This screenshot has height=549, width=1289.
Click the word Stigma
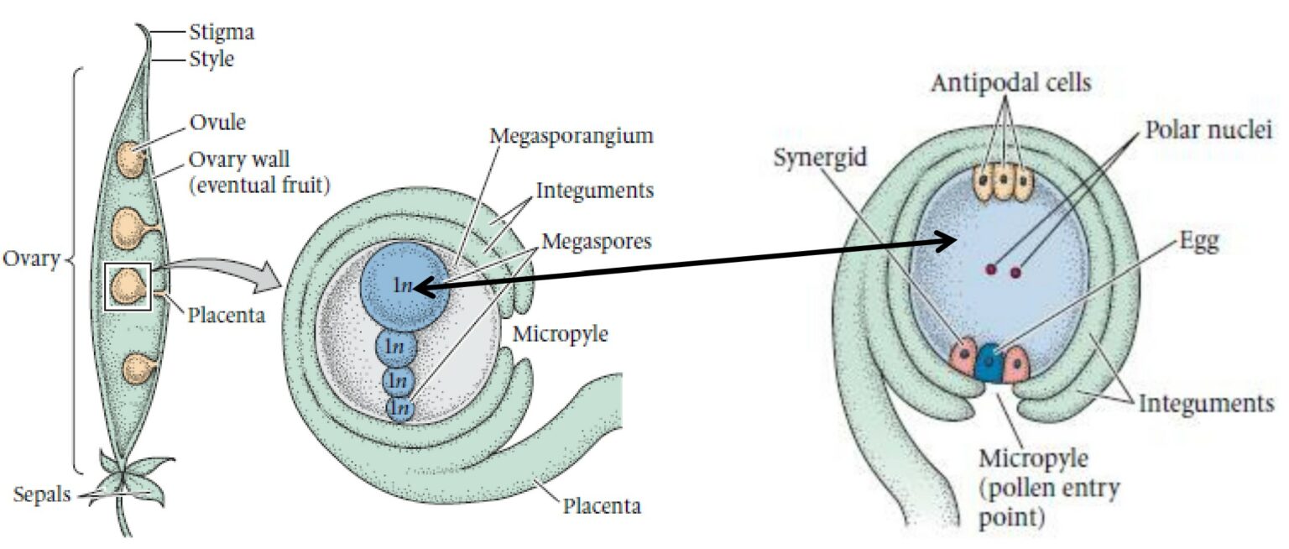point(222,34)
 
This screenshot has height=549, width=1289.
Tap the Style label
point(211,60)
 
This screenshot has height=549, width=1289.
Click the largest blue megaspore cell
point(401,285)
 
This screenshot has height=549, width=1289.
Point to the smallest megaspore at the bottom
point(401,409)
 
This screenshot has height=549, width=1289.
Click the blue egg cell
point(991,363)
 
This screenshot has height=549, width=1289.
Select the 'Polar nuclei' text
point(1209,131)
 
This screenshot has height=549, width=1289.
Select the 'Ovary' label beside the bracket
point(30,259)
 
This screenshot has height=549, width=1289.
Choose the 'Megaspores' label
point(597,241)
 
